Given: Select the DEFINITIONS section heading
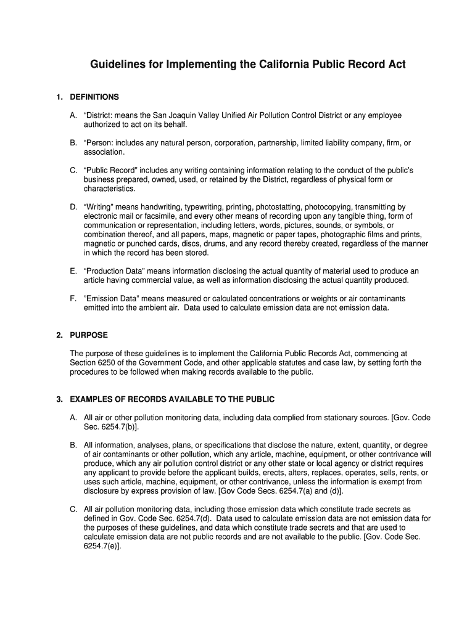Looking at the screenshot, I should pyautogui.click(x=94, y=97).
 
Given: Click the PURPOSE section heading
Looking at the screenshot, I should pyautogui.click(x=89, y=335).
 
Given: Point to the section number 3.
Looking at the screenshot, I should pyautogui.click(x=59, y=399).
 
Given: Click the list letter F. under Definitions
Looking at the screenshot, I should pyautogui.click(x=73, y=299).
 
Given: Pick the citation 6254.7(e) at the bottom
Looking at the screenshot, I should pyautogui.click(x=102, y=546).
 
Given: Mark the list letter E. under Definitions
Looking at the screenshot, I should pyautogui.click(x=73, y=271).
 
